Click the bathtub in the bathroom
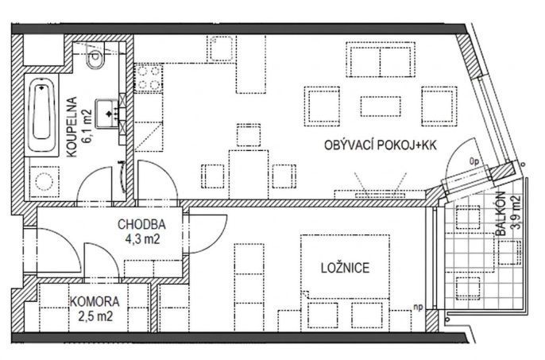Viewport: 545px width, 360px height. coord(42,114)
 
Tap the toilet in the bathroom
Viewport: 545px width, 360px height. coord(95,56)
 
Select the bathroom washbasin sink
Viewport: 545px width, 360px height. coord(107,114)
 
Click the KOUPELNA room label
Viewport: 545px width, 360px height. coord(72,127)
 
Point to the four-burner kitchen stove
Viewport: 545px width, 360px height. coord(148,78)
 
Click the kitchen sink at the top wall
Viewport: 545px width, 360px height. coord(221,48)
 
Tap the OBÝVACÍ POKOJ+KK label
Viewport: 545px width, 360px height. coord(381,145)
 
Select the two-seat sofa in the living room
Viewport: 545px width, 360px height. coord(381,60)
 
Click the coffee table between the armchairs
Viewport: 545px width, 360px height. coord(381,106)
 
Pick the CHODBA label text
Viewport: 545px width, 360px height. coord(141,224)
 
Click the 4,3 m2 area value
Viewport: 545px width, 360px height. coord(142,239)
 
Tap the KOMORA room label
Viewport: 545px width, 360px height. coord(95,301)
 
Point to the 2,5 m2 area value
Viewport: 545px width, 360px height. coord(95,316)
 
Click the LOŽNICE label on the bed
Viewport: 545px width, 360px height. coord(345,268)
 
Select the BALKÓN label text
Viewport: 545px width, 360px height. coord(501,214)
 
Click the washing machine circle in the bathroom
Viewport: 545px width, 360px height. coord(44,181)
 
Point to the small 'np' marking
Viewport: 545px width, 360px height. coord(418,307)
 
